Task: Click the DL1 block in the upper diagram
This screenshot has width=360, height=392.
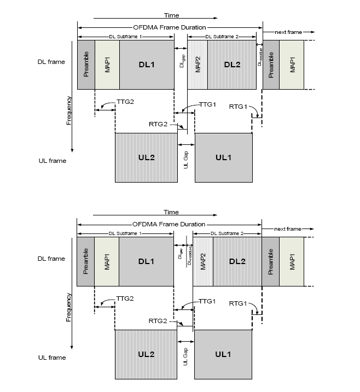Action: pos(146,65)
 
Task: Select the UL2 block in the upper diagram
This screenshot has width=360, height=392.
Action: pos(146,157)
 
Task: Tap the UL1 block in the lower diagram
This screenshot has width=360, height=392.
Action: pos(223,354)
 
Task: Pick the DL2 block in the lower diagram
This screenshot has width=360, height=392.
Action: pos(237,261)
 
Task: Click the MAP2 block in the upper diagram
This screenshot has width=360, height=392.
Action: pos(198,65)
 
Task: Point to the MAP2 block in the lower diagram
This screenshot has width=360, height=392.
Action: pos(203,261)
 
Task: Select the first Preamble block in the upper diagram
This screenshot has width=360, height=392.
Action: pos(86,65)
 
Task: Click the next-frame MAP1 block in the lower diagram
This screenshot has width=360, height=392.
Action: pos(292,261)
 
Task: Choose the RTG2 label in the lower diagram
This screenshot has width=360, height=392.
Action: pos(158,321)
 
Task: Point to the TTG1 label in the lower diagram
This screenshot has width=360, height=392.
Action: pos(207,301)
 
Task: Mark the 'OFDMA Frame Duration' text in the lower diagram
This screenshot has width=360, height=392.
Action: pos(169,224)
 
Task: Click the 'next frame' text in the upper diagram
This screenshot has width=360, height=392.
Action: pos(288,32)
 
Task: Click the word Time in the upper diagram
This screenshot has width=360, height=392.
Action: pos(171,16)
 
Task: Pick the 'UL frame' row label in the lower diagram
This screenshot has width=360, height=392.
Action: pos(52,358)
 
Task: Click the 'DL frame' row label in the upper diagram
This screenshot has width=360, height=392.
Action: pos(52,62)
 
